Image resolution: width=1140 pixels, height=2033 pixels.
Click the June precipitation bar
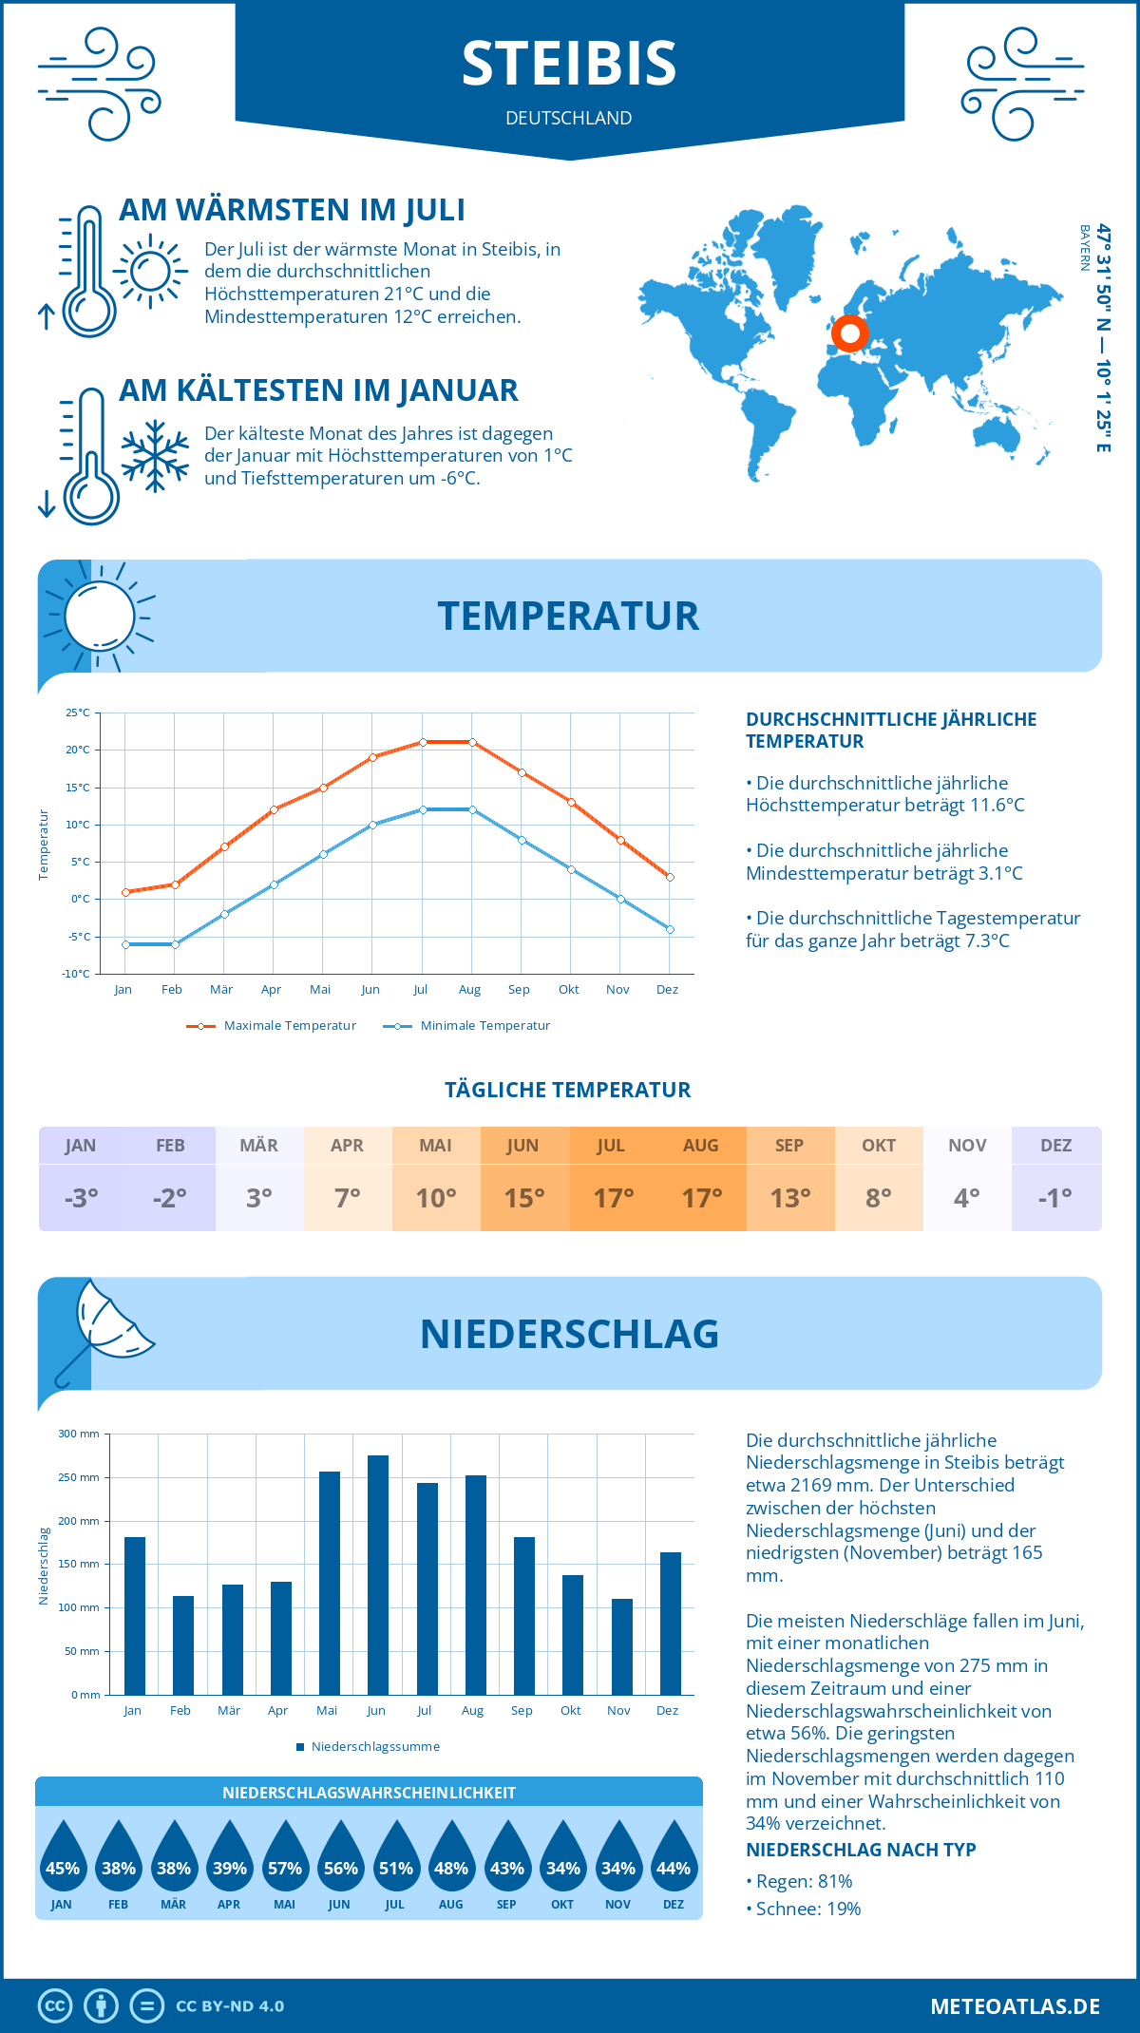click(x=378, y=1575)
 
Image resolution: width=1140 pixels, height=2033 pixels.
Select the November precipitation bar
click(x=621, y=1646)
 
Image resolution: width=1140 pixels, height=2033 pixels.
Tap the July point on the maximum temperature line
click(x=423, y=742)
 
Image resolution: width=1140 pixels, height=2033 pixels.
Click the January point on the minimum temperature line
click(x=125, y=944)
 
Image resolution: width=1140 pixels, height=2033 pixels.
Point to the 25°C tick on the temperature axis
click(x=78, y=712)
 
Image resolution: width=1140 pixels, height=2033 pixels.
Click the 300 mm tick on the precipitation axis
click(x=80, y=1434)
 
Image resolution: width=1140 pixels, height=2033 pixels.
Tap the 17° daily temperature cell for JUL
click(x=613, y=1198)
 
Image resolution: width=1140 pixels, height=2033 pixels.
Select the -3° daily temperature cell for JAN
click(x=81, y=1198)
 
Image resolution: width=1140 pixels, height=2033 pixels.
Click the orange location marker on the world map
click(x=849, y=333)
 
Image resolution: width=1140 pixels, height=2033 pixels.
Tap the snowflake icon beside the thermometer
click(x=155, y=456)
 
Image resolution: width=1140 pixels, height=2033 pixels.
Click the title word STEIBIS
click(x=569, y=64)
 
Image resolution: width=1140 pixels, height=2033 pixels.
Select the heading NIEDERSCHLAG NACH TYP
click(x=861, y=1850)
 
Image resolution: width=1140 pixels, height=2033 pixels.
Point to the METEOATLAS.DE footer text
click(x=1015, y=2006)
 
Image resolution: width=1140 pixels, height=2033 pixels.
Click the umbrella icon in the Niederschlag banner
click(x=104, y=1328)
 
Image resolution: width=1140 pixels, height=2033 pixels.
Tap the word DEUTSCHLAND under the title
click(x=569, y=118)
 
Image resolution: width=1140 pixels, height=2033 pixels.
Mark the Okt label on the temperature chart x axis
click(x=568, y=989)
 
